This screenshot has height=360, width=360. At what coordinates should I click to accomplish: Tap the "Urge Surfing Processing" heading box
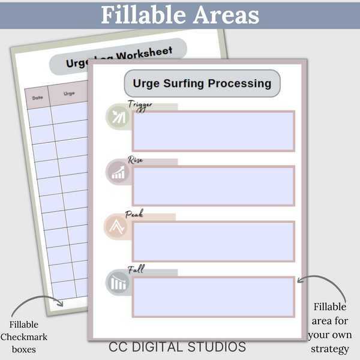(x=202, y=83)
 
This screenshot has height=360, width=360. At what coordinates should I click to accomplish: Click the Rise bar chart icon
(x=118, y=173)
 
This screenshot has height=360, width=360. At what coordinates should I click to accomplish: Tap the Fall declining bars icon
(x=118, y=283)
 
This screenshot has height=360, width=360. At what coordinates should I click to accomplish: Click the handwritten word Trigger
(x=140, y=105)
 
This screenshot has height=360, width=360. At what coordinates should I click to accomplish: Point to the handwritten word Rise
(x=135, y=160)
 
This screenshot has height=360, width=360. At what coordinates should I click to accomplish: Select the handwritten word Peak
(x=133, y=214)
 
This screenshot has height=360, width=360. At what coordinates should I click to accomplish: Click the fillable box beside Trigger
(x=213, y=131)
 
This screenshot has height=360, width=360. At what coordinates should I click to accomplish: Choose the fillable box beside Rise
(x=213, y=186)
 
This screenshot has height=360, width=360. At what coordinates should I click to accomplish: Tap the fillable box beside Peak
(x=213, y=241)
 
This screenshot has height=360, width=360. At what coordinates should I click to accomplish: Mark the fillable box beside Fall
(x=213, y=296)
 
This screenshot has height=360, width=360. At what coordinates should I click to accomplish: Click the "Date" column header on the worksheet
(x=37, y=97)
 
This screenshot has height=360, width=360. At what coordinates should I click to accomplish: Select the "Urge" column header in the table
(x=69, y=94)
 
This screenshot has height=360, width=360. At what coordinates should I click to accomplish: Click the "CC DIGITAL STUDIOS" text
(x=178, y=347)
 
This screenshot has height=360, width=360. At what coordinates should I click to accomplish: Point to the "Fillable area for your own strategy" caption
(x=328, y=328)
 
